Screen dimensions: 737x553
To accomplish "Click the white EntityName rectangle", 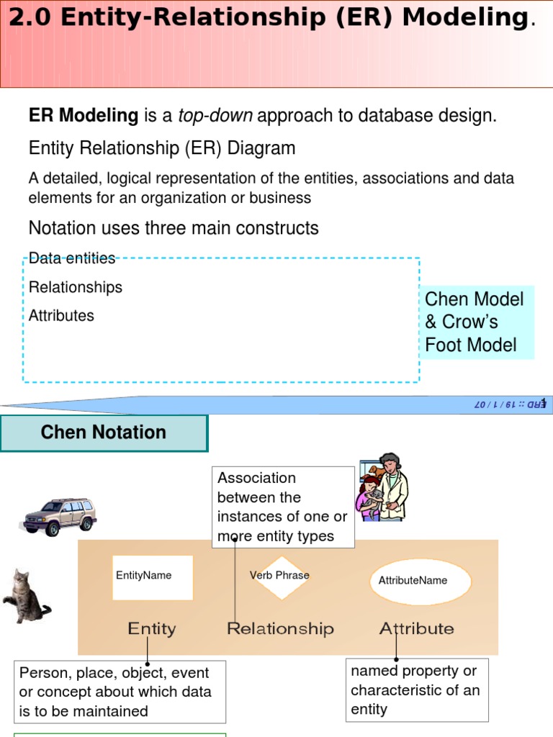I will point(153,577).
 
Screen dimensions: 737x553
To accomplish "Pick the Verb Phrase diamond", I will point(280,577).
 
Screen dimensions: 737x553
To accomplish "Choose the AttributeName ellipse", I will point(420,581).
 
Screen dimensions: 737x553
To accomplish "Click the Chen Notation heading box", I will point(104,433).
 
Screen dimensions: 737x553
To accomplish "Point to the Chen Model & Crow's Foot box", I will point(475,322).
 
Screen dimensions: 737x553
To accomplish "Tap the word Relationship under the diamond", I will point(280,629).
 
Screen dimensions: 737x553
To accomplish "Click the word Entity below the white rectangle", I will point(151,629).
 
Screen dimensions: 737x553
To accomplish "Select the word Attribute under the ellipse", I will point(417,629).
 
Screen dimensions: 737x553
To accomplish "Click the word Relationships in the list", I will point(76,287).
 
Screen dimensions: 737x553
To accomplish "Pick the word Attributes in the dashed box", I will point(61,315).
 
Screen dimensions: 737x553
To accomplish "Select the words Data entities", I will point(72,258).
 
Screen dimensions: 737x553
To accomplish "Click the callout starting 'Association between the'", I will point(283,507).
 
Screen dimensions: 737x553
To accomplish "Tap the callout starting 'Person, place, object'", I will point(120,692).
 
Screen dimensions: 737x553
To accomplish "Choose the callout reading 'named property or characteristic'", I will point(417,689).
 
